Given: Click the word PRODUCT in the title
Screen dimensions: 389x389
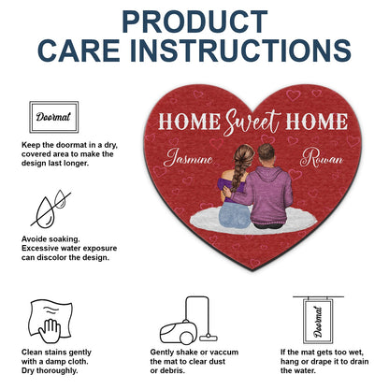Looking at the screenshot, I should pyautogui.click(x=194, y=21).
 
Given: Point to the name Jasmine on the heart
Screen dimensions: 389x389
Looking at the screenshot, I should pyautogui.click(x=189, y=160).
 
